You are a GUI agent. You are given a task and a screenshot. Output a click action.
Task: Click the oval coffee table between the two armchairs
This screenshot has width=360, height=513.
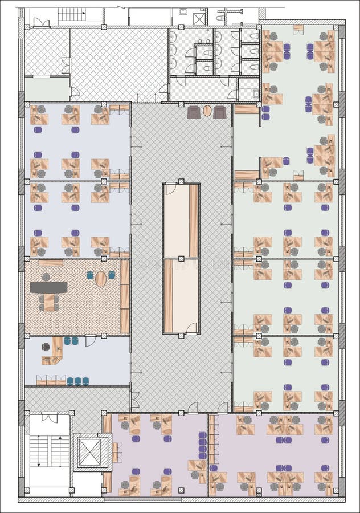click(207, 111)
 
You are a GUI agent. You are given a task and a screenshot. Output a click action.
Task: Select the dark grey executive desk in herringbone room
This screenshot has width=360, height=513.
click(48, 288)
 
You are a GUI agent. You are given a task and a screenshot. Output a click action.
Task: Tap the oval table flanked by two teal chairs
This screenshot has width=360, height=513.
click(101, 279)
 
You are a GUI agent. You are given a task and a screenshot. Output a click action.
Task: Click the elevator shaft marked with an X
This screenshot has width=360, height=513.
click(89, 453)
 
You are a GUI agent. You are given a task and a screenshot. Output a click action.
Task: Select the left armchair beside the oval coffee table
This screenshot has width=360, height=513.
click(194, 112)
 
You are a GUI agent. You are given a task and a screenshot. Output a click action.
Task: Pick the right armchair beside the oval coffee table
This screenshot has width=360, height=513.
click(220, 112)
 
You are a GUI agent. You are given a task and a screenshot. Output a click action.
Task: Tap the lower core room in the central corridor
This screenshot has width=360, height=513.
click(181, 296)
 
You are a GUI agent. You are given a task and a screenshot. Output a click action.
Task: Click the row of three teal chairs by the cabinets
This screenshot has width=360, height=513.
click(78, 381)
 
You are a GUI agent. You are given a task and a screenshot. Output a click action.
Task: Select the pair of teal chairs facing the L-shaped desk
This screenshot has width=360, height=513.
click(71, 341)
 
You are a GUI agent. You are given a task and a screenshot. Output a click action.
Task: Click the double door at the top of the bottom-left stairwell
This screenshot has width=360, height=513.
click(49, 418)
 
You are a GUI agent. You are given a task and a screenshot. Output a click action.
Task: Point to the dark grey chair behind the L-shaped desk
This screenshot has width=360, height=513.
click(46, 347)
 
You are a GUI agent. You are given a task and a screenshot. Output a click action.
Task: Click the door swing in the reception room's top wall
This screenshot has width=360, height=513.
click(90, 341)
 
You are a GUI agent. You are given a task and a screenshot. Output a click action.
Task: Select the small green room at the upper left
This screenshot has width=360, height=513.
click(47, 89)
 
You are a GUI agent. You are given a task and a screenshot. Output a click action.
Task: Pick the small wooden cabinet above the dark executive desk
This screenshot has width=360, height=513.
click(51, 263)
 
